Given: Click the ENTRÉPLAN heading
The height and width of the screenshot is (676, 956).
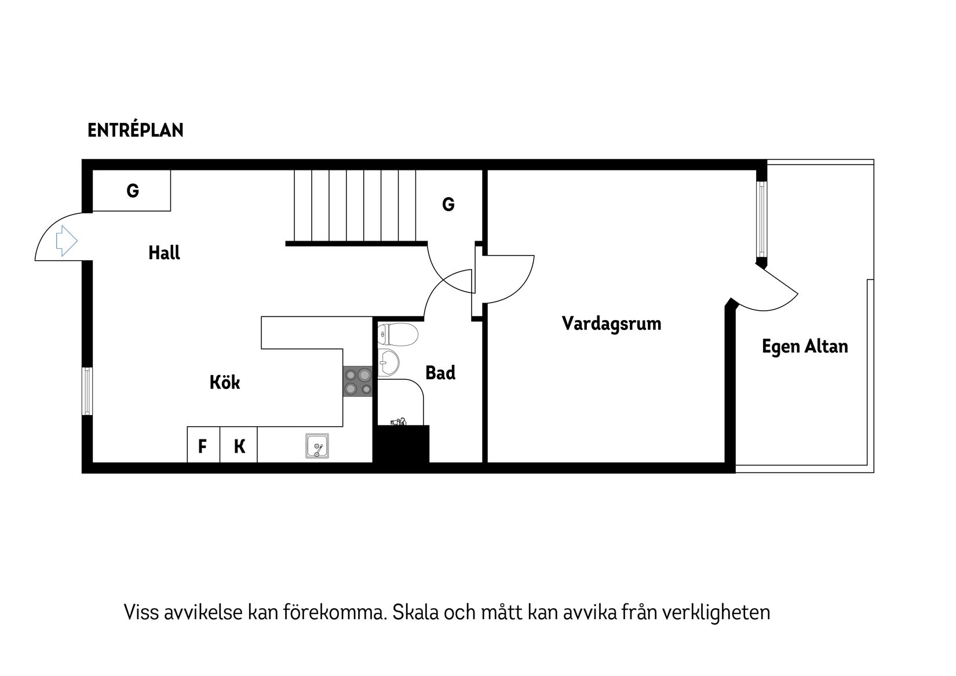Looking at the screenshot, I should point(135,130).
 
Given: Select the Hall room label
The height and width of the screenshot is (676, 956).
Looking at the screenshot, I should point(164,253).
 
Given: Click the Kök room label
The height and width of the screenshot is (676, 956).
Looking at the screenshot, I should point(224,383).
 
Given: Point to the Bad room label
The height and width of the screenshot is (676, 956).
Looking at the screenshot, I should point(440,373).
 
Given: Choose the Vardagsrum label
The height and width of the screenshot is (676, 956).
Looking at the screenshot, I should point(611,324).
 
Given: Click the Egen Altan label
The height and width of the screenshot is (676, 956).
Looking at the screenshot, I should point(805,347).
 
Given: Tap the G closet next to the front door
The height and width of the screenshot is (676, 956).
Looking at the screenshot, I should point(132,191).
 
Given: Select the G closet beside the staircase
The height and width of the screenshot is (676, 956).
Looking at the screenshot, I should point(448,205).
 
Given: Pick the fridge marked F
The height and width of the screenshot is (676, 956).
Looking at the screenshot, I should point(203,446).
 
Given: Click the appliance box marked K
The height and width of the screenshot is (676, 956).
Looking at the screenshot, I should point(239,446).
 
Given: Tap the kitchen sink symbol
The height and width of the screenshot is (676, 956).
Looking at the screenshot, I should point(317,446).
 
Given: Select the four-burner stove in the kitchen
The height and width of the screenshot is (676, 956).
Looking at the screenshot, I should point(357,381).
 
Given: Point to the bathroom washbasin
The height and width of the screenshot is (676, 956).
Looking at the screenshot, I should point(388,362).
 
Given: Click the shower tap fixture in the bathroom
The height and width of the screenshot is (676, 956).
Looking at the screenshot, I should point(399,421).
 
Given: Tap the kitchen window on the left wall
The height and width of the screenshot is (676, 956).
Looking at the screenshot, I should point(86,391).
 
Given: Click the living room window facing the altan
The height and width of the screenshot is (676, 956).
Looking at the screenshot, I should point(761,219).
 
